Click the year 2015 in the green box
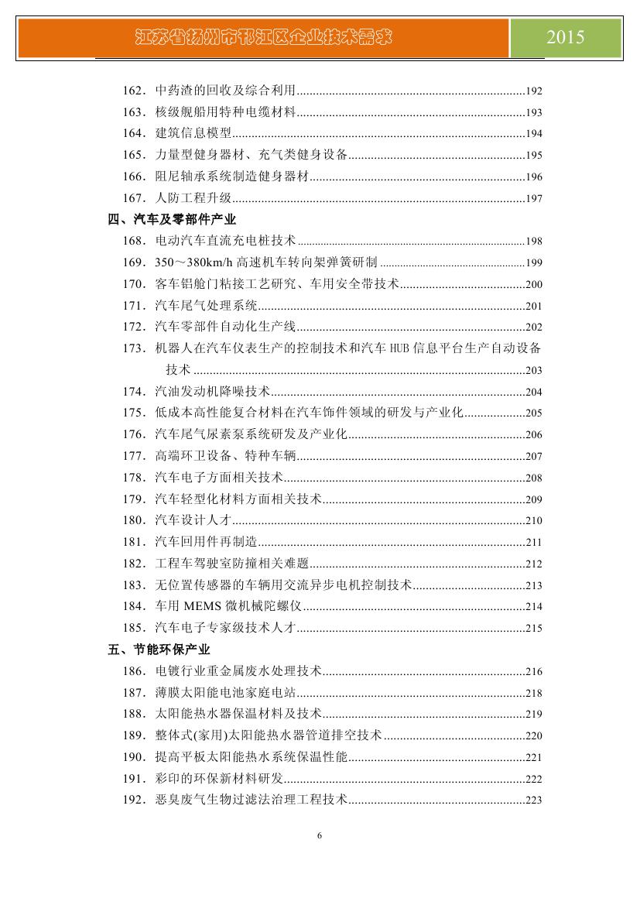point(565,37)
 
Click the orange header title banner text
point(263,37)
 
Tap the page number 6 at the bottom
point(320,835)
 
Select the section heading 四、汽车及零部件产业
point(172,220)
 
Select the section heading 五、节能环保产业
point(159,650)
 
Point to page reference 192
point(533,91)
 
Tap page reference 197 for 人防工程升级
point(533,199)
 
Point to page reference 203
point(533,371)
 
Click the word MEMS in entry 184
point(204,606)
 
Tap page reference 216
point(533,672)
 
